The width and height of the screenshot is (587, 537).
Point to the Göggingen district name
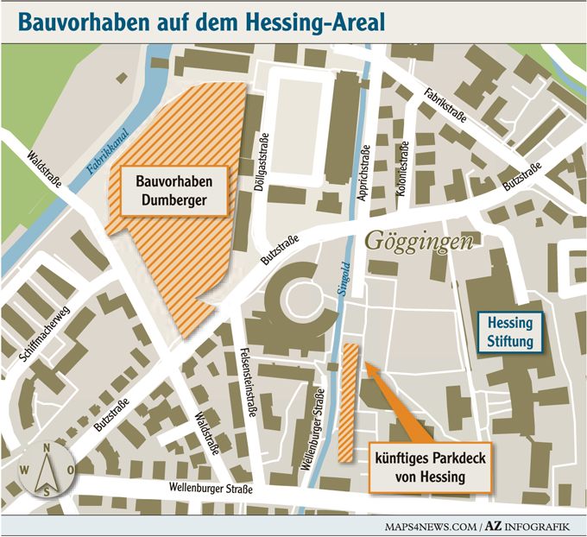point(420,242)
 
